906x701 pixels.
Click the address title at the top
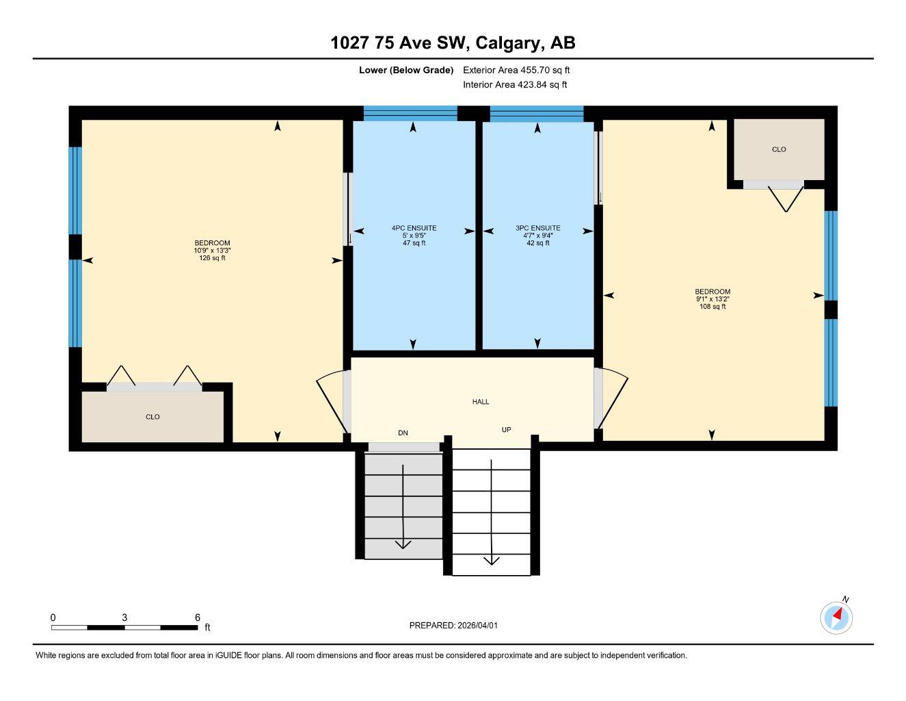453,43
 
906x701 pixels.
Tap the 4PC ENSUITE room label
414,228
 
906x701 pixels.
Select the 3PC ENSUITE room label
538,228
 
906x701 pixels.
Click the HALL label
481,402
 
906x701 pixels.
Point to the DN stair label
403,433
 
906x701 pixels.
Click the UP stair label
507,430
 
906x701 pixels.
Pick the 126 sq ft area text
212,258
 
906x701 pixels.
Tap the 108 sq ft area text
712,307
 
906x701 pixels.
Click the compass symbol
836,617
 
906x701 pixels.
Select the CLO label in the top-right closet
779,149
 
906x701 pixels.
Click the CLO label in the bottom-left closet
152,417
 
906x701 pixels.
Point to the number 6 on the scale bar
197,617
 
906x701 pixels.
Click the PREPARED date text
458,625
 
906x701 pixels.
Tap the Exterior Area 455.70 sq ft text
516,70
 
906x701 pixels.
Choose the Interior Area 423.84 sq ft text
515,85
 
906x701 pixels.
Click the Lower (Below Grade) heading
406,70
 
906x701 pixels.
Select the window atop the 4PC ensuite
410,114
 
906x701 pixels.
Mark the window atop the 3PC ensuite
537,114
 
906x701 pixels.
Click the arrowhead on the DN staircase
403,544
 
